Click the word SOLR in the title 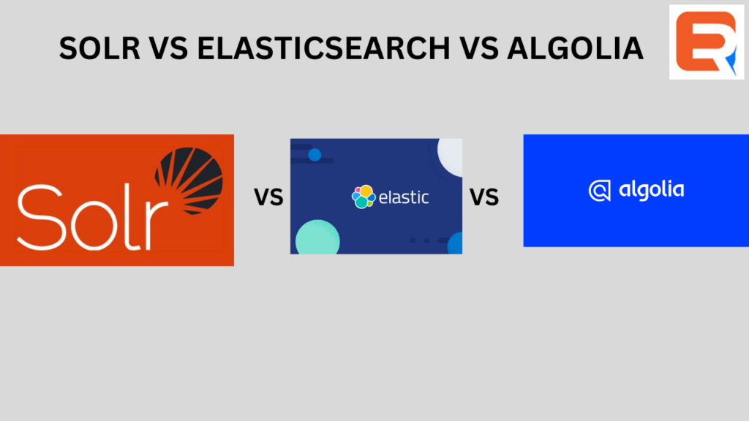pyautogui.click(x=99, y=48)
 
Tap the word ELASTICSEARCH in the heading pyautogui.click(x=323, y=48)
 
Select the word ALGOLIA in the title pyautogui.click(x=575, y=48)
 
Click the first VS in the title pyautogui.click(x=169, y=48)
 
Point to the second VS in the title pyautogui.click(x=478, y=48)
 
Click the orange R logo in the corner pyautogui.click(x=707, y=42)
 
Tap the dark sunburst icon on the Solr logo pyautogui.click(x=189, y=181)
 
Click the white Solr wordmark pyautogui.click(x=93, y=217)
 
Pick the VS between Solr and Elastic pyautogui.click(x=268, y=197)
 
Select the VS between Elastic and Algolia pyautogui.click(x=484, y=197)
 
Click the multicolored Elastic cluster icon pyautogui.click(x=364, y=197)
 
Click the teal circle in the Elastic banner pyautogui.click(x=317, y=238)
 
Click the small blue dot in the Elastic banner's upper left pyautogui.click(x=315, y=155)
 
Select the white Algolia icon pyautogui.click(x=600, y=191)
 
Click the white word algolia pyautogui.click(x=652, y=190)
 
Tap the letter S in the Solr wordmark pyautogui.click(x=40, y=217)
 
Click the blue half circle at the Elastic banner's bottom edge pyautogui.click(x=455, y=243)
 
